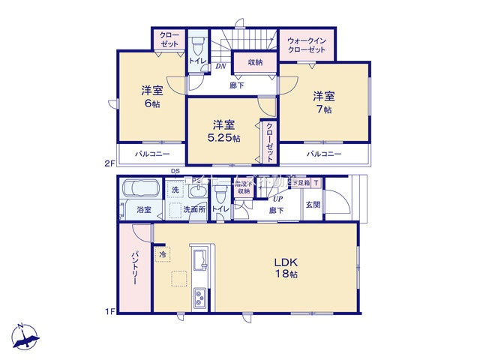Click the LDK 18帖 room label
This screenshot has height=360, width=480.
click(x=286, y=268)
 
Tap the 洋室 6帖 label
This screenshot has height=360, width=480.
click(x=151, y=97)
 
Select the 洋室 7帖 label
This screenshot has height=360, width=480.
click(x=323, y=102)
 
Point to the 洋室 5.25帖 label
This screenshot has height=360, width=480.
click(x=223, y=130)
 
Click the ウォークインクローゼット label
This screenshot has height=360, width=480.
click(x=307, y=44)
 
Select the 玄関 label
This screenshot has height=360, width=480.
click(x=313, y=204)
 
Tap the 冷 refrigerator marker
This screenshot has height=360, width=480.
click(x=163, y=255)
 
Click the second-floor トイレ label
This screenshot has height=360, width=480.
click(x=197, y=60)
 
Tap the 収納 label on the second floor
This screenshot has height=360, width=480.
click(x=254, y=62)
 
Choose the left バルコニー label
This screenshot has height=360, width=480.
click(x=152, y=154)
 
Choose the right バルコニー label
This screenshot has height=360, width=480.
click(x=323, y=154)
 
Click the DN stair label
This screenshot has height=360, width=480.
click(x=221, y=67)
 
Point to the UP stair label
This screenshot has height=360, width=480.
click(x=279, y=199)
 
